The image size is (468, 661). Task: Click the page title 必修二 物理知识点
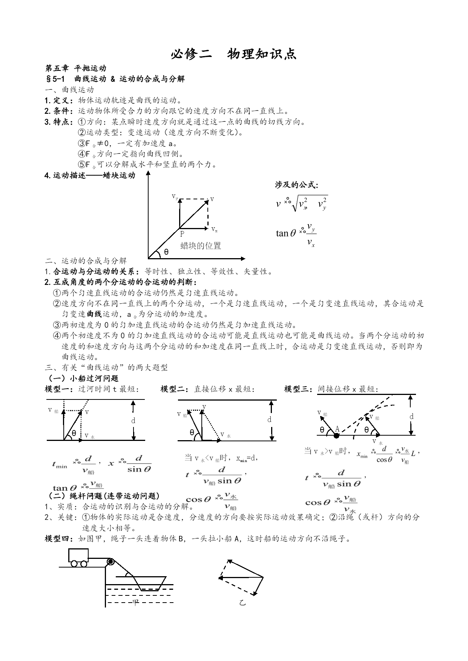(234, 54)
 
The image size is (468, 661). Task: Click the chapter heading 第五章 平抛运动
(75, 68)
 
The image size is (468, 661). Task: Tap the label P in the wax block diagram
(182, 234)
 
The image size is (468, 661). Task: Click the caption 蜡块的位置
(201, 246)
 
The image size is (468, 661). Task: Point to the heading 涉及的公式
(296, 185)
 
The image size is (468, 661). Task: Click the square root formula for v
(302, 204)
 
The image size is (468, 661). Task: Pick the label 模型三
(299, 389)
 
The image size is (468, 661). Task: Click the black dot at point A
(336, 436)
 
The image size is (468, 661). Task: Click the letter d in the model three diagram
(411, 416)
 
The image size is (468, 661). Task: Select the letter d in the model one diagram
(133, 421)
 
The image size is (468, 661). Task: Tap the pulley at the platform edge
(110, 562)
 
